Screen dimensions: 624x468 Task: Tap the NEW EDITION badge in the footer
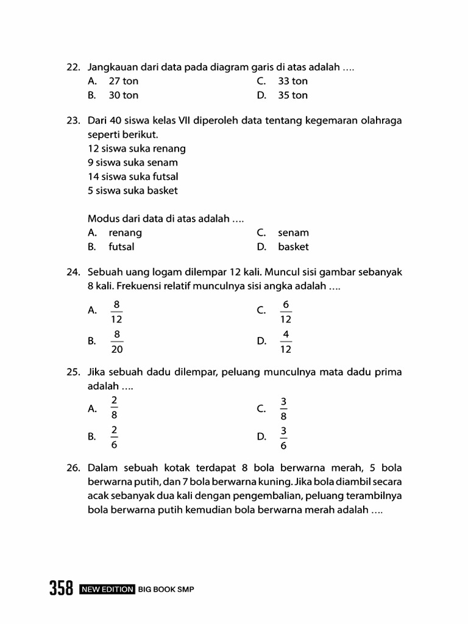107,589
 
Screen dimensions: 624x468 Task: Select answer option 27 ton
123,81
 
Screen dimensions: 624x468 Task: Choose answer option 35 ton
292,95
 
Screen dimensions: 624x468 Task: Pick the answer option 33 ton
292,81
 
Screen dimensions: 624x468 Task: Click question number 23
74,121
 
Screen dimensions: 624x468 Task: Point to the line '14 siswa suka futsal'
133,177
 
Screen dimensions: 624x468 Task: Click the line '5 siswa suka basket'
133,191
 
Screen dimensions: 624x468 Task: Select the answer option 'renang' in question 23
125,233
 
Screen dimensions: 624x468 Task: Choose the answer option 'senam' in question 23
293,233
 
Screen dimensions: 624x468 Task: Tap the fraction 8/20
117,341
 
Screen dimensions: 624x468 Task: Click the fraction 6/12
286,311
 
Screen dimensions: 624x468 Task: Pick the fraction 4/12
286,341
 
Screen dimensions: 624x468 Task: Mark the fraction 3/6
283,437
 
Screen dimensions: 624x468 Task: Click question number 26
74,468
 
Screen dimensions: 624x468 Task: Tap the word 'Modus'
102,218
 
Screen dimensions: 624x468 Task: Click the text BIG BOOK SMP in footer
166,589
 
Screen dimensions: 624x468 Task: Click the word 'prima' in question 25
389,372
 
